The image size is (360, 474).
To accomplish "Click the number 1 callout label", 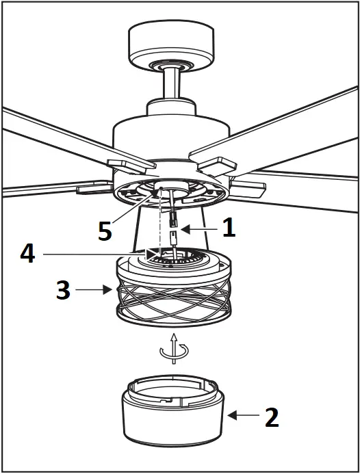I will click(229, 228).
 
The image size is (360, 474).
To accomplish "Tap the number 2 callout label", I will click(272, 416).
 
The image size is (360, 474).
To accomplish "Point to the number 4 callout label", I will click(27, 254).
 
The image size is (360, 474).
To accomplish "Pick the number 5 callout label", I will click(104, 231).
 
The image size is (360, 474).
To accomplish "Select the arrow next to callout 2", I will click(242, 415).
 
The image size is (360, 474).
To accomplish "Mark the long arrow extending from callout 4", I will click(96, 255).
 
